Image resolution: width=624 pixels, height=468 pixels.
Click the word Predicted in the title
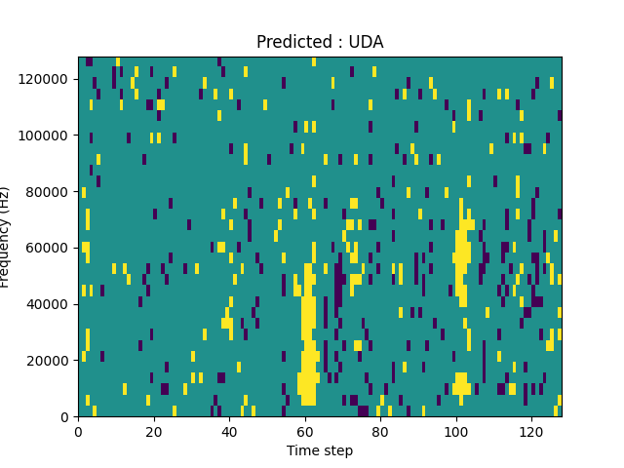pyautogui.click(x=289, y=42)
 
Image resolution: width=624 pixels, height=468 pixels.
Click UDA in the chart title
pyautogui.click(x=368, y=42)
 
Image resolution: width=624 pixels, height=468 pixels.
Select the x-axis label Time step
pyautogui.click(x=320, y=450)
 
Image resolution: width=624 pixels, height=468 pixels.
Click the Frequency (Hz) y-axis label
pyautogui.click(x=6, y=237)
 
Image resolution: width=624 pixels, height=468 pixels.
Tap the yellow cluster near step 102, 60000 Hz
pyautogui.click(x=462, y=249)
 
